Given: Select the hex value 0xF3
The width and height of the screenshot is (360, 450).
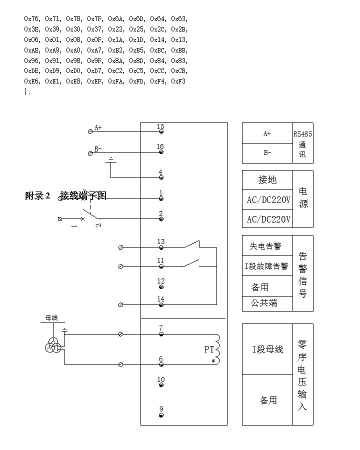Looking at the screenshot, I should [178, 81].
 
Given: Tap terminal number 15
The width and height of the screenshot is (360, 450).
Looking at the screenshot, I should [160, 127].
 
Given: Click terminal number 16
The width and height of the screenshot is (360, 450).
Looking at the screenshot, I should [160, 147].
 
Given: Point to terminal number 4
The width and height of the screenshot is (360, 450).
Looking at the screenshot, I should [160, 172].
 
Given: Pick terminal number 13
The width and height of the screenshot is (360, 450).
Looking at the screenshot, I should [160, 242].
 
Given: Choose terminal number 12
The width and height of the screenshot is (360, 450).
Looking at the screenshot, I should [160, 281].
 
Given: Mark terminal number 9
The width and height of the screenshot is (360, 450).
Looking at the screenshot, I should [161, 409].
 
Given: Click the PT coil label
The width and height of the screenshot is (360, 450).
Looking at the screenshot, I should [209, 349].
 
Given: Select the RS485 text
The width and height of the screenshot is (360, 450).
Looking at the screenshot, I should [302, 134].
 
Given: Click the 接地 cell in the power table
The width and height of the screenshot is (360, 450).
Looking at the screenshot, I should [267, 180].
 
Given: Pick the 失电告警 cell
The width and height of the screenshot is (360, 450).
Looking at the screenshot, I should [265, 246].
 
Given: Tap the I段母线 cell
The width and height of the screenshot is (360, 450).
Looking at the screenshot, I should [267, 349].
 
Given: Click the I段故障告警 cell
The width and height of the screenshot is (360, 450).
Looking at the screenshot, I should [266, 266].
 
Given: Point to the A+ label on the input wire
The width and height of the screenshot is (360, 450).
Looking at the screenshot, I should [98, 127].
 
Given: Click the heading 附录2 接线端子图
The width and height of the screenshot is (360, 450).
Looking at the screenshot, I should [65, 195].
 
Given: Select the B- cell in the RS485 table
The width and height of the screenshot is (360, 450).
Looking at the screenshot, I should [267, 153].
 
